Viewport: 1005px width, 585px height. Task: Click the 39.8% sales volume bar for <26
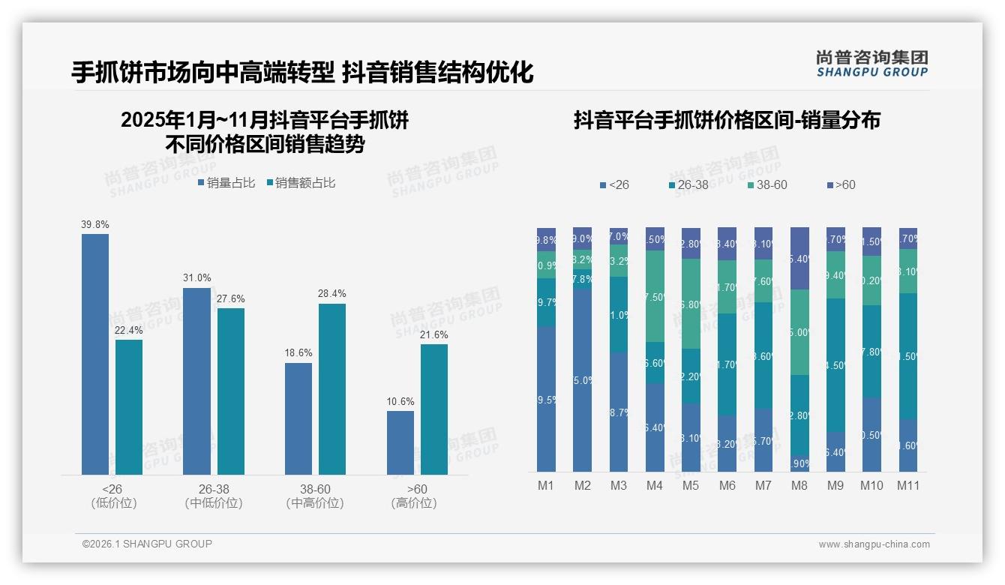tap(95, 354)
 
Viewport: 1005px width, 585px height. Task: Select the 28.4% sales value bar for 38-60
tap(332, 388)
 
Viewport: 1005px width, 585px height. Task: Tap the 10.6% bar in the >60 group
tap(400, 442)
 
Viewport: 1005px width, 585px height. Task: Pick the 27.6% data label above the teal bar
tap(230, 298)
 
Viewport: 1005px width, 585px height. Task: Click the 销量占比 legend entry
tap(226, 182)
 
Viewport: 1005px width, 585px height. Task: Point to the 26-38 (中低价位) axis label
tap(214, 496)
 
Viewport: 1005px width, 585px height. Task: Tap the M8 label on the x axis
tap(799, 485)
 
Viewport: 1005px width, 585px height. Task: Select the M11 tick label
tap(907, 485)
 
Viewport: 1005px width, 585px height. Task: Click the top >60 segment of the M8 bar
tap(799, 258)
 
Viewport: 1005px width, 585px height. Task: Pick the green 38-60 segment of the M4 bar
tap(655, 296)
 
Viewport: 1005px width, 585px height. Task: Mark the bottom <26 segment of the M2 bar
tap(582, 380)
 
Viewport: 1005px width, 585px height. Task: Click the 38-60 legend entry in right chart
tap(767, 184)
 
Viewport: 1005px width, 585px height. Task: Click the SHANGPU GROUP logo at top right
tap(871, 64)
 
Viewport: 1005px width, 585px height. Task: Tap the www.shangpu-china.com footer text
tap(874, 544)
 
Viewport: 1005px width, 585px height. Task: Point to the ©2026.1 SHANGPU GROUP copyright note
tap(147, 544)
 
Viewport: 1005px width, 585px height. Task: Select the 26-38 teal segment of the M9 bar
tap(835, 365)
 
